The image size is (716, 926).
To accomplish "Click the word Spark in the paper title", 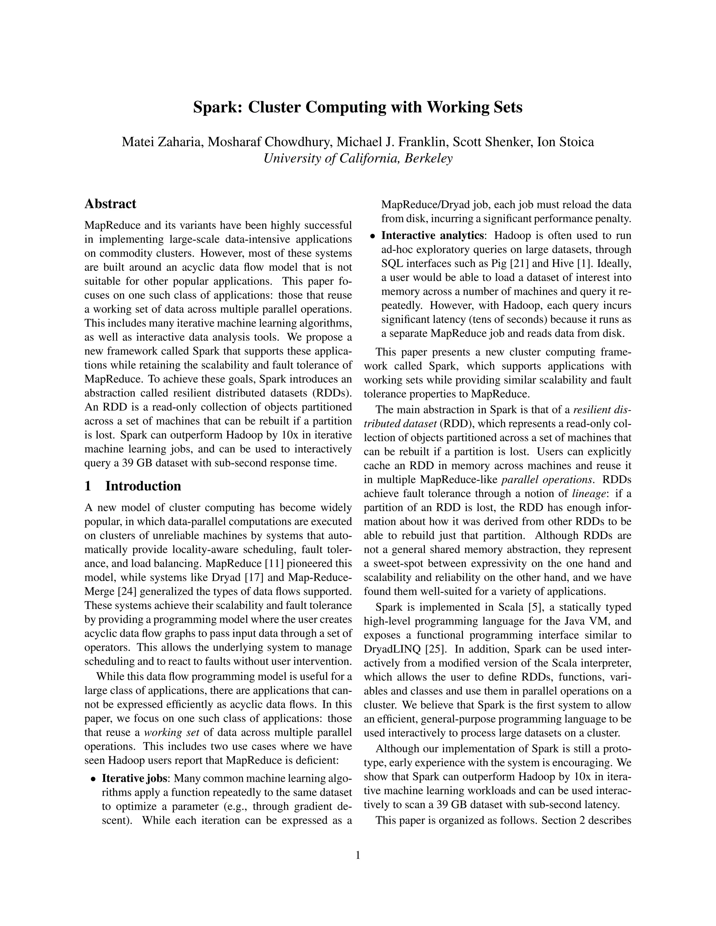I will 216,107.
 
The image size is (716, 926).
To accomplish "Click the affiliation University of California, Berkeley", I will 358,159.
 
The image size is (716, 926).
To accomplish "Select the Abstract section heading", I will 110,204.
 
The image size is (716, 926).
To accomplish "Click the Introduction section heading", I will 143,486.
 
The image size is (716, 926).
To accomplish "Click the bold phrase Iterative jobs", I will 135,779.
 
